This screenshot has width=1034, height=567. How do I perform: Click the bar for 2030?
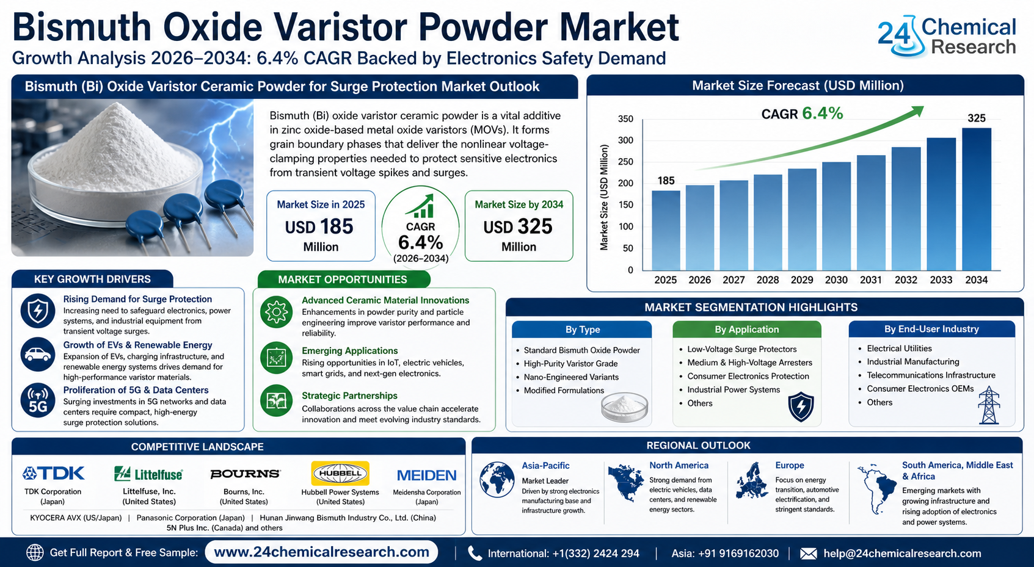point(836,216)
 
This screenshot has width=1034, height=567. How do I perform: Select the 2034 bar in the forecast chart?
point(977,199)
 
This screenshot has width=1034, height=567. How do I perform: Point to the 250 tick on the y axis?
point(625,162)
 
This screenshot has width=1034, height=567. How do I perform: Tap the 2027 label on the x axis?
point(734,280)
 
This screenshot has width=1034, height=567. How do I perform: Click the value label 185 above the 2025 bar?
point(666,181)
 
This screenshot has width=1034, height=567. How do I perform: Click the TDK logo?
point(54,474)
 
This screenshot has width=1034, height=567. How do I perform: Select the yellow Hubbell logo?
point(340,474)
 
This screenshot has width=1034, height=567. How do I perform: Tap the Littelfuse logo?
point(148,474)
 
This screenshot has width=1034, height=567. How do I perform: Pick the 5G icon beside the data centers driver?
point(38,400)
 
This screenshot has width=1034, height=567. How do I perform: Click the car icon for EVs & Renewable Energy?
point(38,355)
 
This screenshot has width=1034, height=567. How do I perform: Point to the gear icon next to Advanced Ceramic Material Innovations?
point(276,312)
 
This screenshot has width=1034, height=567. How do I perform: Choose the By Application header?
point(746,330)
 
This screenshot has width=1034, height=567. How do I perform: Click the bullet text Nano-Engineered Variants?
point(571,377)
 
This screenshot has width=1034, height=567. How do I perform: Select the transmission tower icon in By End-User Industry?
point(989,405)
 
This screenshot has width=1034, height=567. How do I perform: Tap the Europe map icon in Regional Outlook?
point(751,481)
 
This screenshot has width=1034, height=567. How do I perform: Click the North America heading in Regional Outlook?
point(679,466)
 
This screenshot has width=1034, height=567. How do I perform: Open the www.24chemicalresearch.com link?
point(322,552)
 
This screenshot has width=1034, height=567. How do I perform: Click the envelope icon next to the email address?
point(808,554)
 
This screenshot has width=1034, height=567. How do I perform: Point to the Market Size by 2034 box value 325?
point(534,226)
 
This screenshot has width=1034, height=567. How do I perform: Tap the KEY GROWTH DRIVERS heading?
point(92,279)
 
